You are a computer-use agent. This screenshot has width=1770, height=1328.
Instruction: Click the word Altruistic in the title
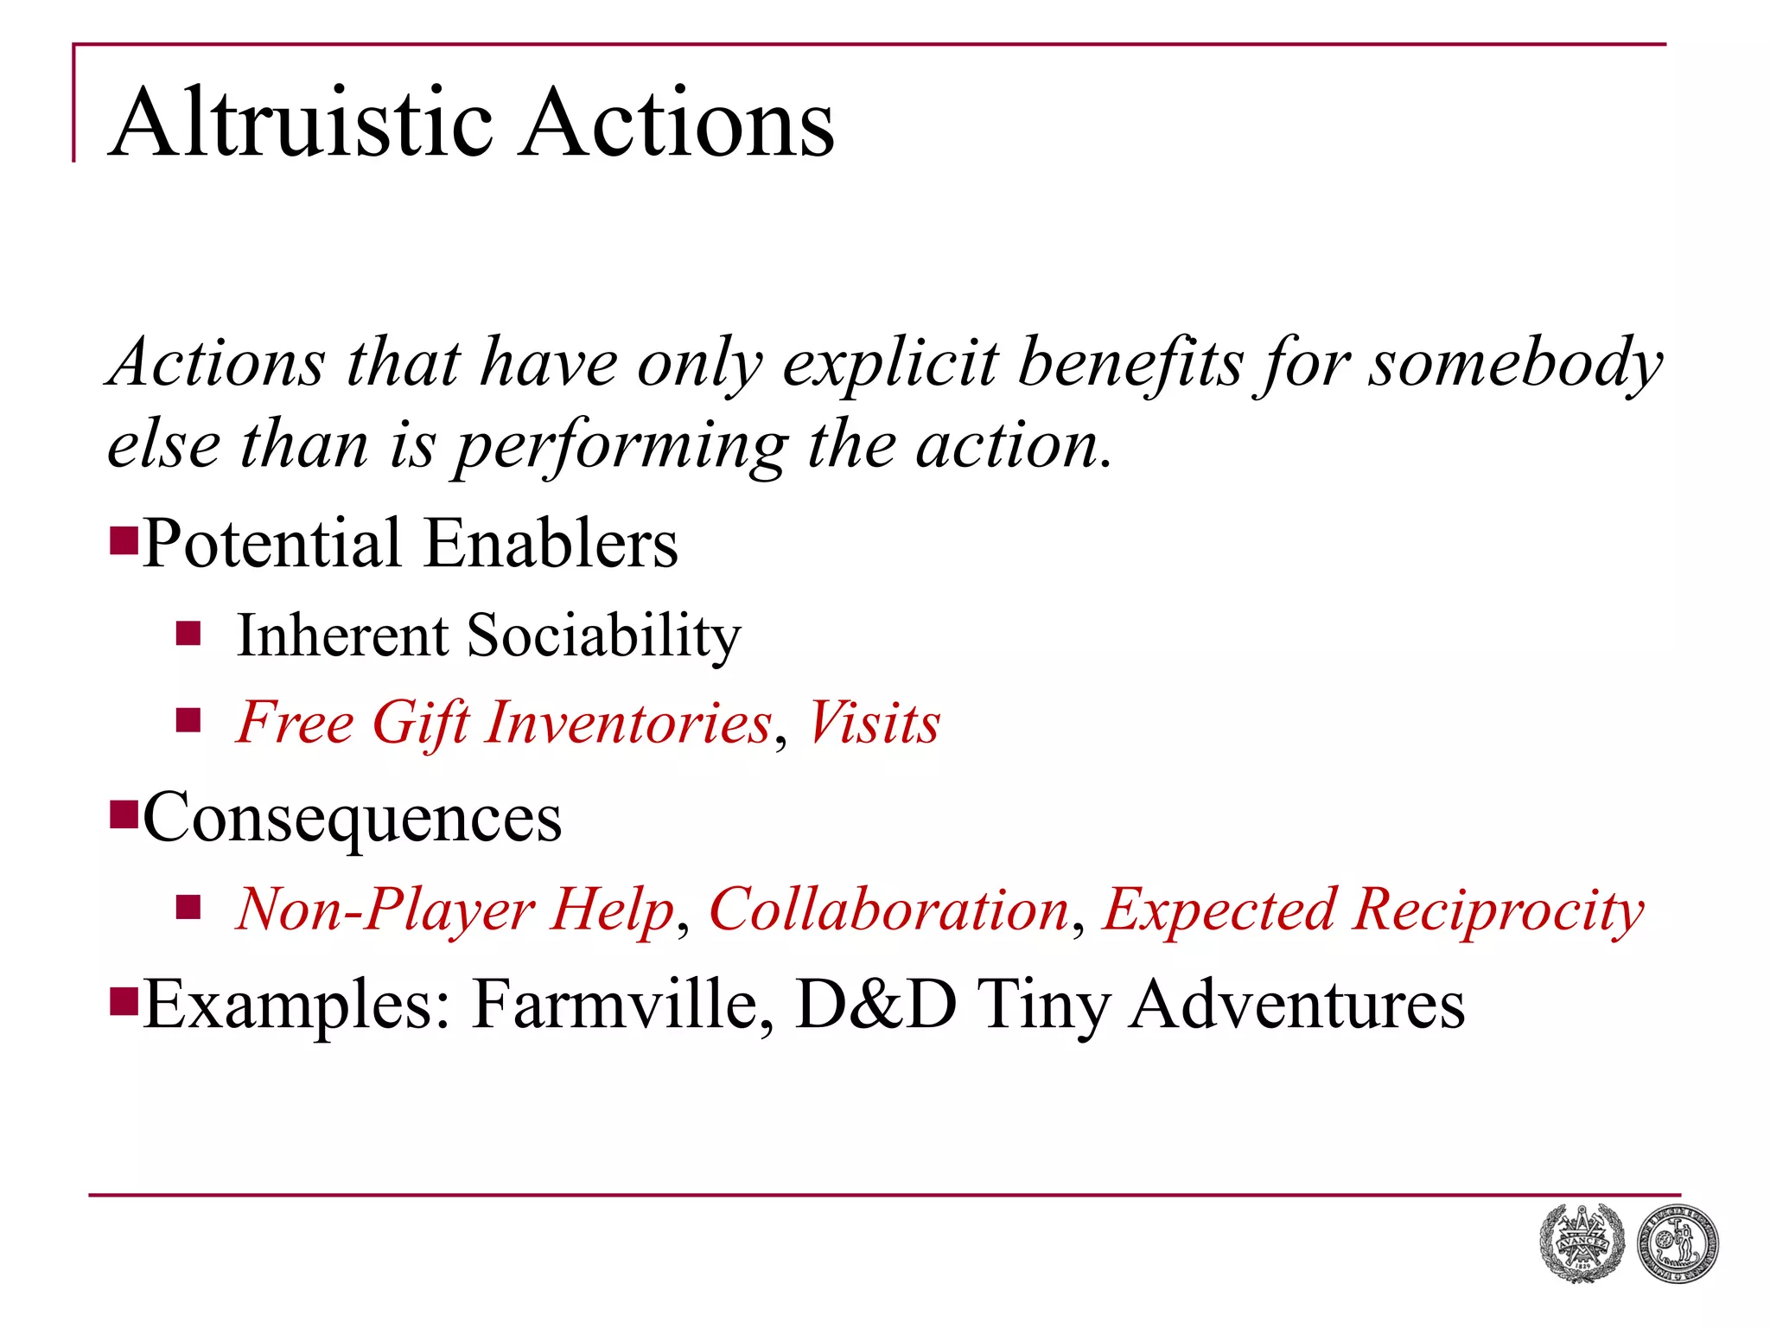[x=302, y=123]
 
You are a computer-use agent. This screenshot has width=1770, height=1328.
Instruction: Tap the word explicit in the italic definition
[x=890, y=363]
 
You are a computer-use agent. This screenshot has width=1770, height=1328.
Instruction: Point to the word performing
[x=621, y=446]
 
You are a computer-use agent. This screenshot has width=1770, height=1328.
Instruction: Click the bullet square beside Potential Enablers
[x=124, y=540]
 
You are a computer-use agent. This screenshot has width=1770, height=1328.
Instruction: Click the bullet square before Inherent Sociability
[x=188, y=635]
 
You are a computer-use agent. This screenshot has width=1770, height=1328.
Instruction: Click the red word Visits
[x=874, y=722]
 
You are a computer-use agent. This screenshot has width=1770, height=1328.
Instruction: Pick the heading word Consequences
[x=353, y=818]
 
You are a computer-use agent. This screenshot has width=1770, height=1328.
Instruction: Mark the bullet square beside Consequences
[x=124, y=814]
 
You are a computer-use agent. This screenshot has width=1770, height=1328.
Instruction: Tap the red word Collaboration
[x=889, y=910]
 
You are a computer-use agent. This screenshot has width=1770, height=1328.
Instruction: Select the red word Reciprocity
[x=1499, y=910]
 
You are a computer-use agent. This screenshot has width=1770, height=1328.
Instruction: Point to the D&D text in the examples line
[x=875, y=1005]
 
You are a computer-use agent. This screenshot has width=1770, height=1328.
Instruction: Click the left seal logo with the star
[x=1582, y=1243]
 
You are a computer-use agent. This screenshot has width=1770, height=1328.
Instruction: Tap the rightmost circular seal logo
[x=1678, y=1243]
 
